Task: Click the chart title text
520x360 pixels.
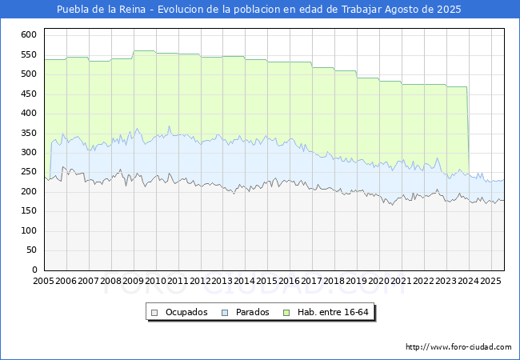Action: click(x=259, y=10)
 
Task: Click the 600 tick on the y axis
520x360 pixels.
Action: click(x=28, y=35)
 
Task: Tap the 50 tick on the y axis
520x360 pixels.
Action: click(x=30, y=250)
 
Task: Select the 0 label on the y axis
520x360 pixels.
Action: click(x=34, y=270)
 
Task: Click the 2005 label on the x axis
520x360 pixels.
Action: click(x=43, y=282)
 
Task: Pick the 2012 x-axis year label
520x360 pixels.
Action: click(x=200, y=282)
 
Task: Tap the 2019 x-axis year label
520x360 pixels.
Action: click(x=357, y=282)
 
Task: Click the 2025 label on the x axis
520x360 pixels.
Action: click(x=490, y=282)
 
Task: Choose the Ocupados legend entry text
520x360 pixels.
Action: click(x=186, y=312)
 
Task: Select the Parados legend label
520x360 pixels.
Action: click(x=253, y=312)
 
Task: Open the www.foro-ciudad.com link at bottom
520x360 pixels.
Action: click(x=458, y=347)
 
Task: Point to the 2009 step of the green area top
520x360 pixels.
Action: click(x=144, y=50)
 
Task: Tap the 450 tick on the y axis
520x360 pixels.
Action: click(x=28, y=94)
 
